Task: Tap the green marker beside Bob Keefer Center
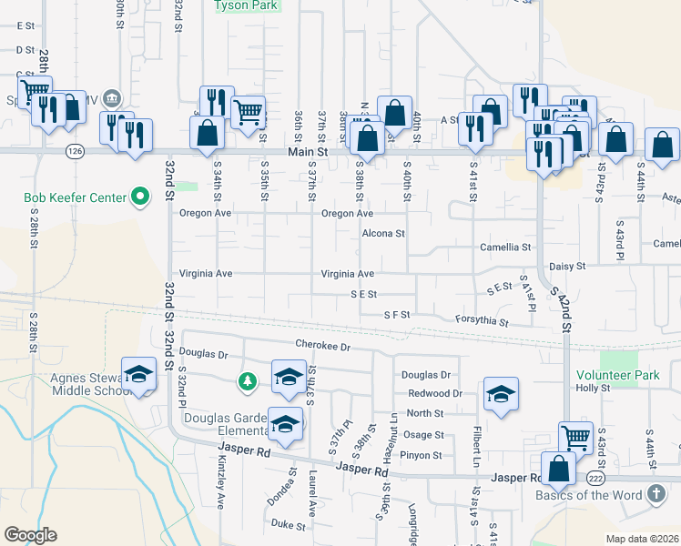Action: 140,197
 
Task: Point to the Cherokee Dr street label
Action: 322,345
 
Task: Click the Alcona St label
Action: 382,234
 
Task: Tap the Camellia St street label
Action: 505,247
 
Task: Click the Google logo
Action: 30,535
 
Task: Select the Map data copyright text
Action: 641,539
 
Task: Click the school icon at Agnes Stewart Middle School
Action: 138,374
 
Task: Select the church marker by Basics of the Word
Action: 656,495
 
